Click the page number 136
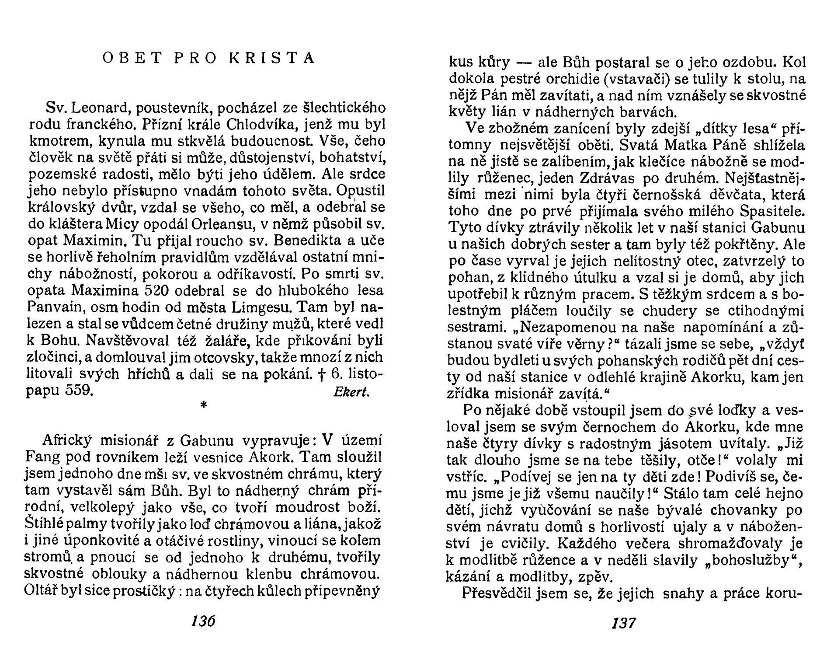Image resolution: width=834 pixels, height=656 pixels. click(x=204, y=621)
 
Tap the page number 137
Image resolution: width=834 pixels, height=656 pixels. click(x=624, y=622)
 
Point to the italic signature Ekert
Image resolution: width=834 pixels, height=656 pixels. click(x=351, y=392)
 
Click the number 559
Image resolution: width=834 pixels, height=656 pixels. click(x=79, y=391)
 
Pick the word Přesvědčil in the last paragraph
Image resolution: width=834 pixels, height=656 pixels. click(x=494, y=593)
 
